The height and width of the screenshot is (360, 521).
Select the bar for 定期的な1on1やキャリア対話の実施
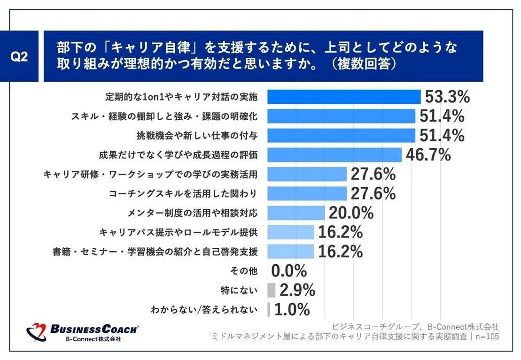pos(343,97)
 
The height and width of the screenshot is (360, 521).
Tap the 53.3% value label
pos(447,97)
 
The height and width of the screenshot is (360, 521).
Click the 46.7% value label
pos(428,154)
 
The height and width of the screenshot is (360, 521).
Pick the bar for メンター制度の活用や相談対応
pos(296,213)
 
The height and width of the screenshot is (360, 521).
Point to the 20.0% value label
pos(351,213)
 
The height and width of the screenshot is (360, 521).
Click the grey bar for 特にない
pos(271,290)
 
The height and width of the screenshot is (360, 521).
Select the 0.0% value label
pos(289,271)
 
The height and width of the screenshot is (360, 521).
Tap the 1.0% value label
pos(292,309)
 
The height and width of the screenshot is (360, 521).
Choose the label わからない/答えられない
pos(204,309)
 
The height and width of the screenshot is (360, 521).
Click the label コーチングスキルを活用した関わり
pos(183,193)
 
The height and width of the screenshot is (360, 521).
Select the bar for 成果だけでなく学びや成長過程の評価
pos(334,154)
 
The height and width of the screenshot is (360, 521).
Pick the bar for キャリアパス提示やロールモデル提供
pos(290,232)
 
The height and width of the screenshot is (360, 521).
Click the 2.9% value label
pos(297,290)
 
